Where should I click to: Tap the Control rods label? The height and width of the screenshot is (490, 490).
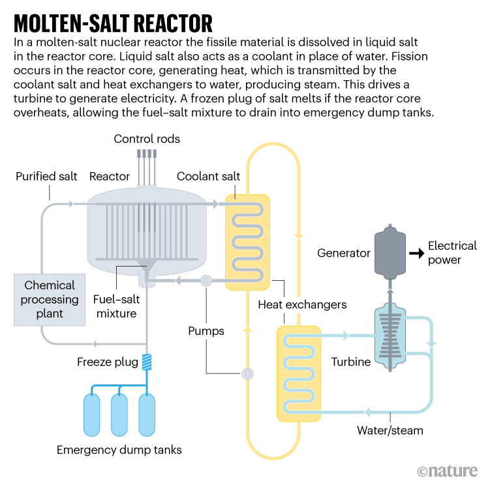pos(147,139)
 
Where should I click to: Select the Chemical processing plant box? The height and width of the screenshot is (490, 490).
pos(50,300)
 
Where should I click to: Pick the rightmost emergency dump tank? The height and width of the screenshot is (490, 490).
pos(147,414)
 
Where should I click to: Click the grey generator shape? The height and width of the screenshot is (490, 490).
pos(390,253)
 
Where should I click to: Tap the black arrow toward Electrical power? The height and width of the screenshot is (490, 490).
pos(413,253)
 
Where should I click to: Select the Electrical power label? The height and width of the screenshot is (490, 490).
pos(452,253)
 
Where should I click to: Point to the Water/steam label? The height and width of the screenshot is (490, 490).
pos(390,430)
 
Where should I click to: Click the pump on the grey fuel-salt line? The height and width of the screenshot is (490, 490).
pos(206,281)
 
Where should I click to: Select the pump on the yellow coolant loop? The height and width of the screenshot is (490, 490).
pos(247,373)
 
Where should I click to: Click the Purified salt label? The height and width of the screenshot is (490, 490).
pos(46,177)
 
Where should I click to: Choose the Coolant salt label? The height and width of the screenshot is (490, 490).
pos(208,177)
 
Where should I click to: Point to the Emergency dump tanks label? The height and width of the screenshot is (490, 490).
pos(119,450)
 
